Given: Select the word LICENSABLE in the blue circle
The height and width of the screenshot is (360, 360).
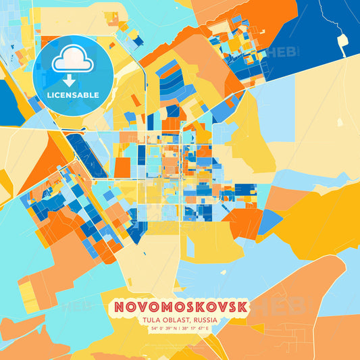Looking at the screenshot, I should tap(72, 95).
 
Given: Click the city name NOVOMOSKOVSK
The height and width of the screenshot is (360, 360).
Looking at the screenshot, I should tap(180, 307).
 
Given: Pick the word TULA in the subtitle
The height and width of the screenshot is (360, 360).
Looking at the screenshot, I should tap(152, 321).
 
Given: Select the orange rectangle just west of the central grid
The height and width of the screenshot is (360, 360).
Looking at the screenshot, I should tap(122, 167).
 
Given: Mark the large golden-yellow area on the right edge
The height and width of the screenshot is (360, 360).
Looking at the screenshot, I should tap(324, 223).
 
